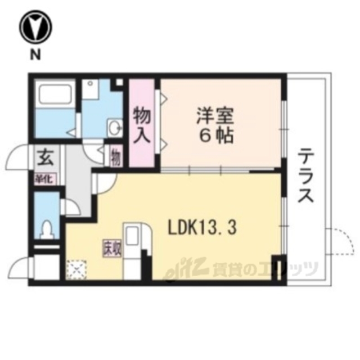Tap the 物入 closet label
click(x=142, y=126)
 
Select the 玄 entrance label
click(x=45, y=157)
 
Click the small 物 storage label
click(x=115, y=156)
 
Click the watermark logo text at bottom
click(x=242, y=271)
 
